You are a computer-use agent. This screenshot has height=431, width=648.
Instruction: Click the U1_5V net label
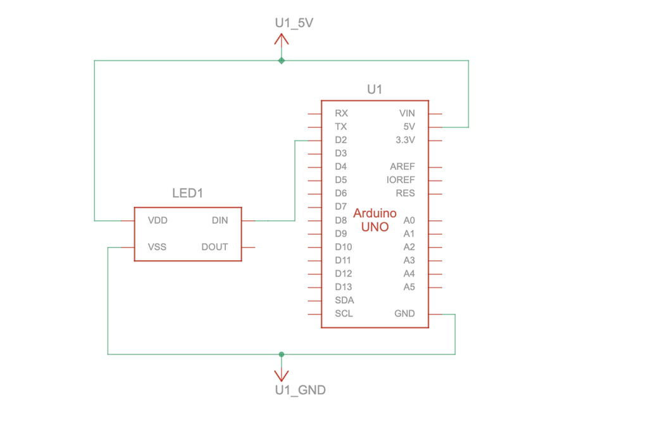[294, 23]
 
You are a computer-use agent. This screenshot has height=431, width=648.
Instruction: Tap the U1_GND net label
[300, 390]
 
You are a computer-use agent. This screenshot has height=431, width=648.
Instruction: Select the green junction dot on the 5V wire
[282, 61]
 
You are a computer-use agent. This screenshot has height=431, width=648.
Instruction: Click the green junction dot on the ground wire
[282, 354]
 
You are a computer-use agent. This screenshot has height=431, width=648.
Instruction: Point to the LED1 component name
[188, 193]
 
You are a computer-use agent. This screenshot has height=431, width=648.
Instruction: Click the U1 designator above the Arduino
[375, 90]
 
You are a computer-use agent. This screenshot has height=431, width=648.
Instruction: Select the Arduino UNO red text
[375, 220]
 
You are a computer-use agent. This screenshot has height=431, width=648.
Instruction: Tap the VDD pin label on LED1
[158, 221]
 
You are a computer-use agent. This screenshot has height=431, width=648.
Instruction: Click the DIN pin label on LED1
[220, 221]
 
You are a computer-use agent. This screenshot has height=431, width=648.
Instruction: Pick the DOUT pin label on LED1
[215, 247]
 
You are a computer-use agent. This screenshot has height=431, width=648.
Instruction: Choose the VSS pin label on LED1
[157, 247]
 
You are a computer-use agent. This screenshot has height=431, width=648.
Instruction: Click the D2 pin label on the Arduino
[341, 140]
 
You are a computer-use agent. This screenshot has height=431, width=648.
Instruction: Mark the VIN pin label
[407, 113]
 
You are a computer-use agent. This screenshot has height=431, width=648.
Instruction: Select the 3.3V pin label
[405, 140]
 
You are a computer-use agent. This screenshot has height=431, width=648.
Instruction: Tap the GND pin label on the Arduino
[404, 313]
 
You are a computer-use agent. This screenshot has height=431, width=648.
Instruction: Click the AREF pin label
[402, 166]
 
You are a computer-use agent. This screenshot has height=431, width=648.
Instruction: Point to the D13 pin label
[343, 287]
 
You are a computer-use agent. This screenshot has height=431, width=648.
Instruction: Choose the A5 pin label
[409, 287]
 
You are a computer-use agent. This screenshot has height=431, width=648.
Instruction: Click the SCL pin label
[344, 313]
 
